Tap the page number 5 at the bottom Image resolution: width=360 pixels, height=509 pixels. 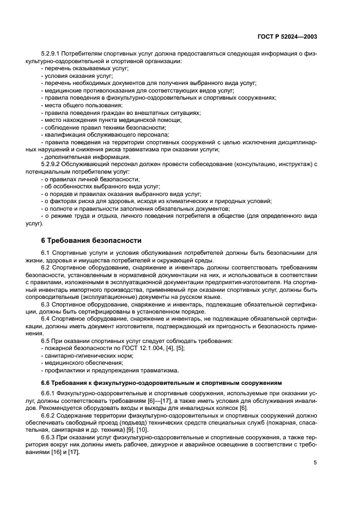click(x=315, y=463)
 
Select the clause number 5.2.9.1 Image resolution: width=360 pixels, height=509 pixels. click(x=52, y=54)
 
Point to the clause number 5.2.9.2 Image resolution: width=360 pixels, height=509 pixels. click(x=52, y=164)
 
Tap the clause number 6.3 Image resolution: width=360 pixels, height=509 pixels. click(x=46, y=305)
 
